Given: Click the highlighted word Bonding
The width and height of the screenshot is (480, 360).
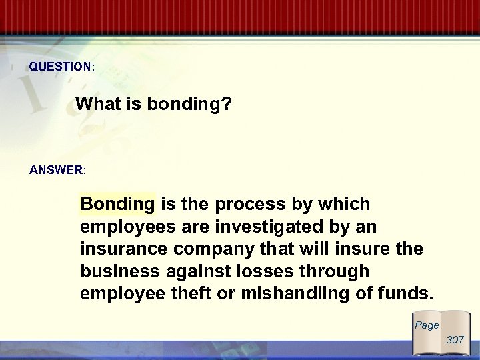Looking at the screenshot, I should [x=117, y=203].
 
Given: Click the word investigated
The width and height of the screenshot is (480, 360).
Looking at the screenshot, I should [x=273, y=227].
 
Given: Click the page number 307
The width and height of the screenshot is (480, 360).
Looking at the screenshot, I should [x=455, y=340].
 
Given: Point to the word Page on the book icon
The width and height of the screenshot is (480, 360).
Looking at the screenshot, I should [x=427, y=325].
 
